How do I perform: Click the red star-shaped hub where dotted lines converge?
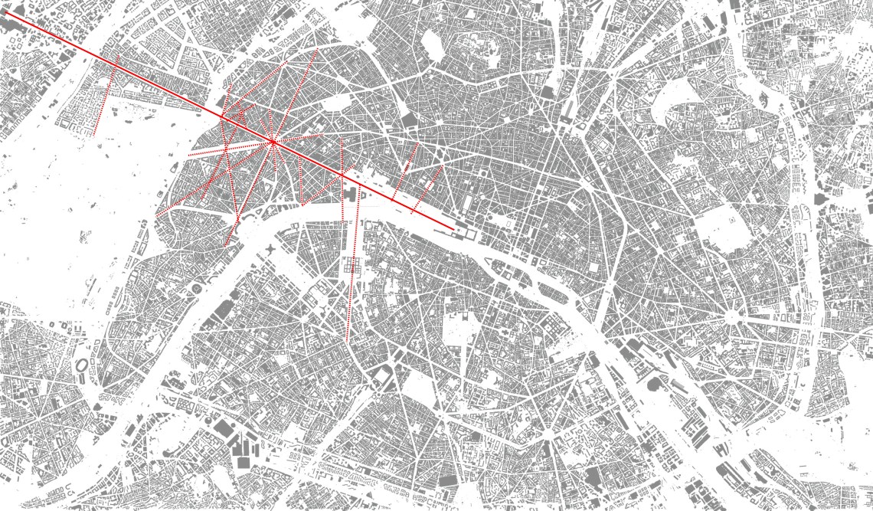[273, 141]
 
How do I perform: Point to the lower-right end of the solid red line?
[452, 226]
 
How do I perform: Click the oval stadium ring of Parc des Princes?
[82, 370]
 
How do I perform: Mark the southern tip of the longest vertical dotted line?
[347, 340]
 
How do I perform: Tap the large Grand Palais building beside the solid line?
[354, 195]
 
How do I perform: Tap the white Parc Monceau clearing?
[333, 103]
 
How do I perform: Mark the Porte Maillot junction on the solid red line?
[222, 117]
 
